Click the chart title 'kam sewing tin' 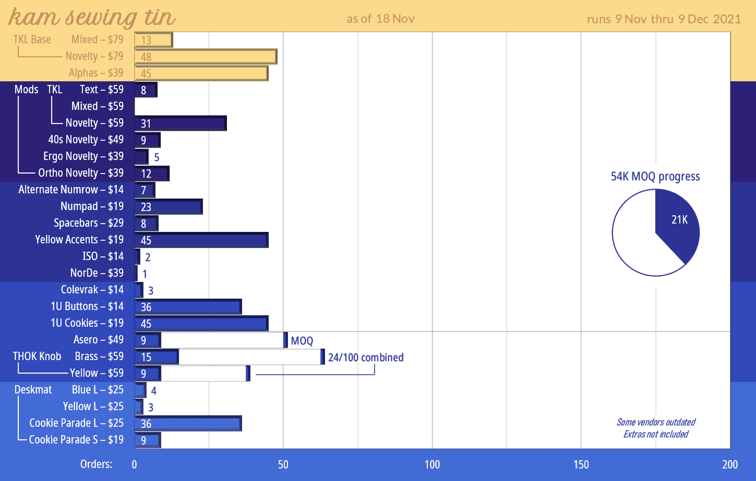[92, 17]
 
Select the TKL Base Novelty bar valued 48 [206, 56]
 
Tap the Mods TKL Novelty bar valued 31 [181, 124]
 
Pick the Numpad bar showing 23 [169, 207]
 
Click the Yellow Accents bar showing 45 [201, 240]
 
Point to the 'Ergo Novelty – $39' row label [83, 156]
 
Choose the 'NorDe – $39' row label [97, 273]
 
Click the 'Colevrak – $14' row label [92, 290]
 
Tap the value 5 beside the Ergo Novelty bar [157, 157]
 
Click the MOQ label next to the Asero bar [302, 341]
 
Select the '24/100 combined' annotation [366, 357]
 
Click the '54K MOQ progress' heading [655, 177]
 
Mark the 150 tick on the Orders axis [581, 464]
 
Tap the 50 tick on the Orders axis [283, 464]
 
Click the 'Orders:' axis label [96, 464]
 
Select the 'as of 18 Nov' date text [380, 19]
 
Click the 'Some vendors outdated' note [656, 422]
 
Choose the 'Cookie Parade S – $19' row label [76, 440]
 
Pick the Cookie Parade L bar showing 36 [188, 424]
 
